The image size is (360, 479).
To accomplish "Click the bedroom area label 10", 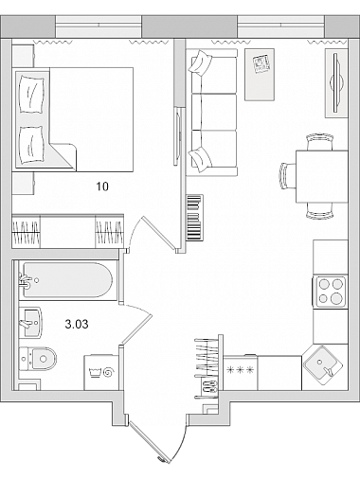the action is (102, 186).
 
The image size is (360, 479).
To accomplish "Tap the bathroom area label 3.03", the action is (77, 324).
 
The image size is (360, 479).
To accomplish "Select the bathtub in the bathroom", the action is (65, 280).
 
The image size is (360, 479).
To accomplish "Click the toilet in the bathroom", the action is (38, 359).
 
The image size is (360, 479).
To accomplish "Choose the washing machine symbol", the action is (101, 372).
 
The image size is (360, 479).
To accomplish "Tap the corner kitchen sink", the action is (323, 365).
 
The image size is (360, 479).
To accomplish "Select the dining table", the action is (322, 177).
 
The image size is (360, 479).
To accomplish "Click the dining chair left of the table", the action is (287, 176).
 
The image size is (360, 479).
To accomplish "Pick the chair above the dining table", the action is (319, 142).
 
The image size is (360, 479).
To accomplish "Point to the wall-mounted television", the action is (335, 83).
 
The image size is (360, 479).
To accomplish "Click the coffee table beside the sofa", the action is (260, 75).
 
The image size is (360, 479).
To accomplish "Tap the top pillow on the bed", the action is (31, 94).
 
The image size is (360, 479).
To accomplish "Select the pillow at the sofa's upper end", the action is (199, 63).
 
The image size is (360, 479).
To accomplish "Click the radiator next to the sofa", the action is (194, 218).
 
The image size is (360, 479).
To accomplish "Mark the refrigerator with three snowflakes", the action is (241, 372).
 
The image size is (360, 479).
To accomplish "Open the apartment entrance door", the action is (149, 443).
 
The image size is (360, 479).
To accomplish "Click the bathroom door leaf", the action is (137, 328).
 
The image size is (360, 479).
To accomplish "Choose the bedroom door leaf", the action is (159, 234).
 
